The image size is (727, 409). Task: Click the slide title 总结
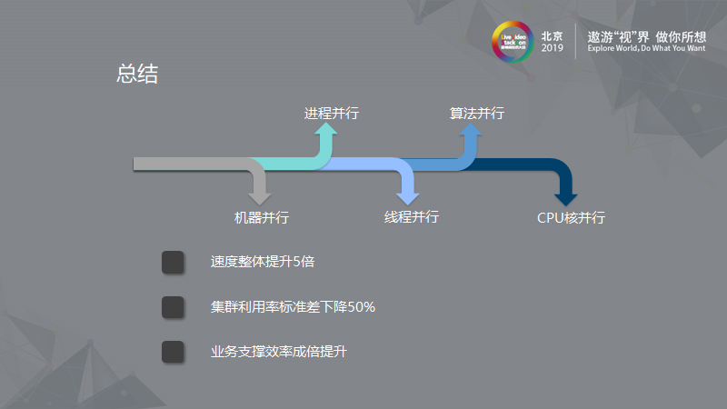pyautogui.click(x=137, y=75)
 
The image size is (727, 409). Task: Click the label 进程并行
pyautogui.click(x=331, y=114)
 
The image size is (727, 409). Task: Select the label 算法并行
pyautogui.click(x=477, y=114)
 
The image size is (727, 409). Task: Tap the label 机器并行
pyautogui.click(x=262, y=218)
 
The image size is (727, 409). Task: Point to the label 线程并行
pyautogui.click(x=411, y=217)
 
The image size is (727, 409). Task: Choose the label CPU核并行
pyautogui.click(x=571, y=218)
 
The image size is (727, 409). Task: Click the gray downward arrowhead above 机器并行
pyautogui.click(x=260, y=194)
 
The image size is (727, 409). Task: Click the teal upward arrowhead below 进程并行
pyautogui.click(x=326, y=133)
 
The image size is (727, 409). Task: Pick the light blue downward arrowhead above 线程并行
pyautogui.click(x=408, y=194)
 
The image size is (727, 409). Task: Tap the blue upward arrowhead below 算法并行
pyautogui.click(x=470, y=133)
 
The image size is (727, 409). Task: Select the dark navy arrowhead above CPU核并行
pyautogui.click(x=565, y=194)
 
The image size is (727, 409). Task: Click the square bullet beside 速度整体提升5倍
pyautogui.click(x=173, y=263)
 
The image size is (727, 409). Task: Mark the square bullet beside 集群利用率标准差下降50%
pyautogui.click(x=173, y=307)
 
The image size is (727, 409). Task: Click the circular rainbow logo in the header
pyautogui.click(x=513, y=42)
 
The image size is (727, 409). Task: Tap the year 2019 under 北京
pyautogui.click(x=552, y=49)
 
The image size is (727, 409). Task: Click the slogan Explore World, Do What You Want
pyautogui.click(x=646, y=49)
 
